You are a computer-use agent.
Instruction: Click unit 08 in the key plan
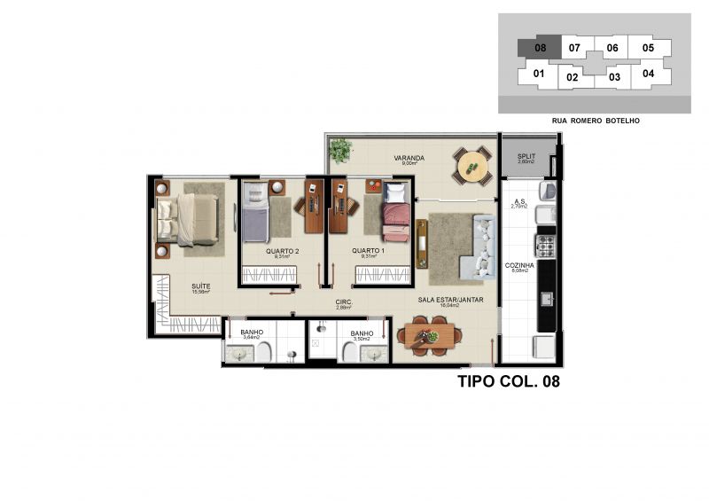click(x=540, y=49)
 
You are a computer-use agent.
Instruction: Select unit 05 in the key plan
click(x=648, y=48)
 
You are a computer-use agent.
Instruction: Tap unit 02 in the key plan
click(x=573, y=77)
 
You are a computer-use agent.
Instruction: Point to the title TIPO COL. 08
click(x=508, y=382)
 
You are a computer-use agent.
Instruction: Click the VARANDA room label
click(x=409, y=159)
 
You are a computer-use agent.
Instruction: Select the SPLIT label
click(x=526, y=156)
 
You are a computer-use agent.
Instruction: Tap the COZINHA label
click(x=518, y=265)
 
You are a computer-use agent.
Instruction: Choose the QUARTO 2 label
click(x=281, y=251)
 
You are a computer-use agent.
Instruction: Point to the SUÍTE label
click(x=201, y=286)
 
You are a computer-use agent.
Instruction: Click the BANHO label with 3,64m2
click(x=252, y=333)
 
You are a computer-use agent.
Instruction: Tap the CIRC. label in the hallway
click(x=344, y=301)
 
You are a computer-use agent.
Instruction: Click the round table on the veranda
click(x=472, y=165)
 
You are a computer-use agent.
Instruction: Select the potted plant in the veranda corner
click(x=339, y=152)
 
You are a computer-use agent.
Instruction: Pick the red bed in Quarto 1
click(x=395, y=222)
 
